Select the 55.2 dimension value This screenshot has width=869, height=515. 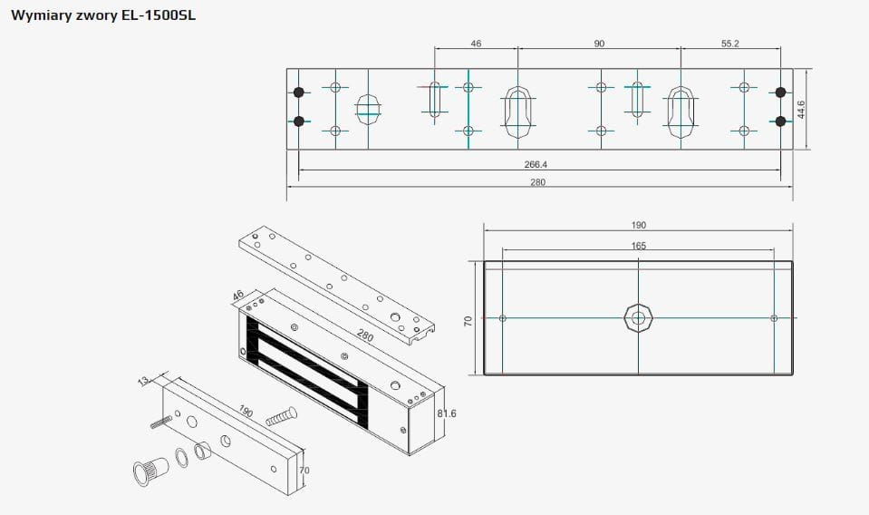[730, 44]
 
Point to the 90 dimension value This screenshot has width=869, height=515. [599, 44]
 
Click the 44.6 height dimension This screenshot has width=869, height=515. [801, 109]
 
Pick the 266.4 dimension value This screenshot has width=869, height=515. [536, 164]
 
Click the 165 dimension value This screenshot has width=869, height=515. [639, 246]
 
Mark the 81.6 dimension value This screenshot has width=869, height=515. [447, 413]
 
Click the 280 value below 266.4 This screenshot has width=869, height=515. [537, 182]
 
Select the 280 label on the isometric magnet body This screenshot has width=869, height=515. [365, 335]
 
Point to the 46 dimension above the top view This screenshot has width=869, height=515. [477, 44]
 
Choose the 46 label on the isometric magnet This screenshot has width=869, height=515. [238, 296]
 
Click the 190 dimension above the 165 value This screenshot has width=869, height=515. [639, 225]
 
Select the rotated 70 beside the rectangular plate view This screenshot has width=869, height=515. [468, 321]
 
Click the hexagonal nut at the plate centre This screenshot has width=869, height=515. [638, 318]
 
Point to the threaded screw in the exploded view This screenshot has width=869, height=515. [281, 417]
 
